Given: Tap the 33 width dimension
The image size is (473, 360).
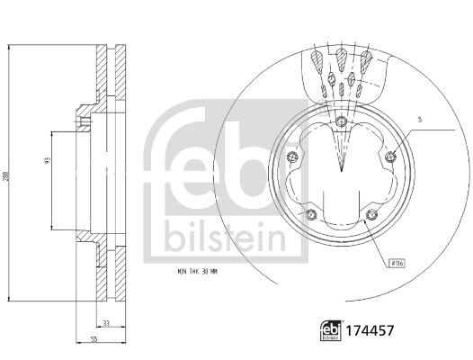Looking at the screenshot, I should (x=106, y=323).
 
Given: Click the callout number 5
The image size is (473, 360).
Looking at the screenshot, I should (x=418, y=120).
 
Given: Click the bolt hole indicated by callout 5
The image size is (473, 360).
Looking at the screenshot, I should (x=389, y=158).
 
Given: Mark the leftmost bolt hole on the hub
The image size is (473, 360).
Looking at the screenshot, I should (x=290, y=158).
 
